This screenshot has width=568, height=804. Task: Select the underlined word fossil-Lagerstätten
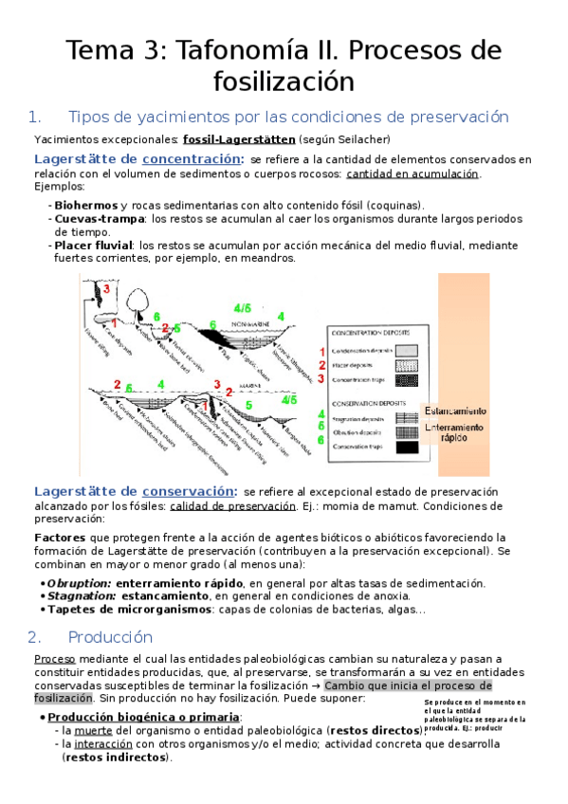tap(239, 139)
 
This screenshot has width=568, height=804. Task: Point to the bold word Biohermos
tap(86, 205)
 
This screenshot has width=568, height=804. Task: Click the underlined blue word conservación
tap(189, 490)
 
